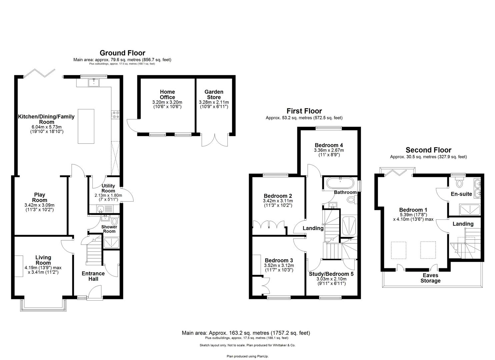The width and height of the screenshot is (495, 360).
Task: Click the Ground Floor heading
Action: (122, 53)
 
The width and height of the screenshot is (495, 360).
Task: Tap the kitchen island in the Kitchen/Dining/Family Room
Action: (86, 126)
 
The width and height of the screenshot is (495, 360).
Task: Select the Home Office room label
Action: (167, 94)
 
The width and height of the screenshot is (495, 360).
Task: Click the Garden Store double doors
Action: (215, 140)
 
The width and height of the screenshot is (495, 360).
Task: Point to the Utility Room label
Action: (108, 188)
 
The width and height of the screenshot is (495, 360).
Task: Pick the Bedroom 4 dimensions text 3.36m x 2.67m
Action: (329, 150)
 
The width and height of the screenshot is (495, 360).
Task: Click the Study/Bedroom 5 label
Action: (331, 274)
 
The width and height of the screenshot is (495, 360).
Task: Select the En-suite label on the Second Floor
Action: (461, 194)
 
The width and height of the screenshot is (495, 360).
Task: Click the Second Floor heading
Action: (428, 150)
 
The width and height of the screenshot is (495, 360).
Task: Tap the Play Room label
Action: (39, 197)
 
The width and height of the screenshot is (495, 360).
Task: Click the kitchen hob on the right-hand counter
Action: (116, 115)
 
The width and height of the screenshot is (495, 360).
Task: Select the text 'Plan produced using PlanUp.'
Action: (247, 356)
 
